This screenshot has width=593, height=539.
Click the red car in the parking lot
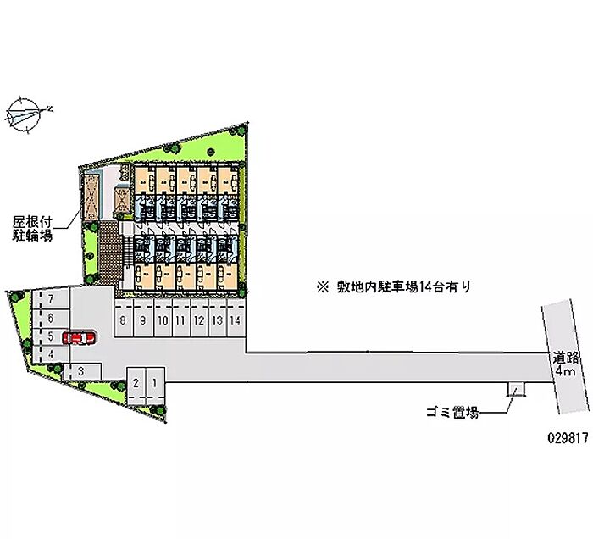point(80,337)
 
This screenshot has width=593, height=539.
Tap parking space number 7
point(50,299)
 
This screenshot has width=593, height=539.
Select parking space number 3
point(81,371)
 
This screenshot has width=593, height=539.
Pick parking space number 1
point(155,386)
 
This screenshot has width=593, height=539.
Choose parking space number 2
point(136,386)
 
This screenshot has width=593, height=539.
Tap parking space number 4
point(50,354)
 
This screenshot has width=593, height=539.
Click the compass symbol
point(24,114)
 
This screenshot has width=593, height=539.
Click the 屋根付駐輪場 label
point(32,229)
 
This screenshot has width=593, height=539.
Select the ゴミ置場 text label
point(452,412)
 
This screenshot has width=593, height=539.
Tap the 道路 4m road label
point(565,364)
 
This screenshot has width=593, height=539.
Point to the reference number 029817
point(568,438)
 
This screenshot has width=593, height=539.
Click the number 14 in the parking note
point(424,287)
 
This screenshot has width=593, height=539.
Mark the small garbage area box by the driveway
point(516,389)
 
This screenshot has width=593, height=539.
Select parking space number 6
point(50,318)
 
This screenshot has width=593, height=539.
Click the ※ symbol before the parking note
point(323,287)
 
